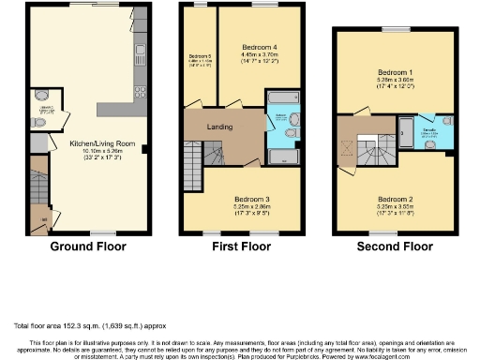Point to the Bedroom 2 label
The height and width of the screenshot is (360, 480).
coord(394,198)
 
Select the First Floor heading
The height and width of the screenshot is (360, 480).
coord(240,247)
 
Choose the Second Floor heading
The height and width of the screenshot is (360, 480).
coord(394,247)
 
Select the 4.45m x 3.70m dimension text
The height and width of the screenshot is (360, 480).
coord(258,54)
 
